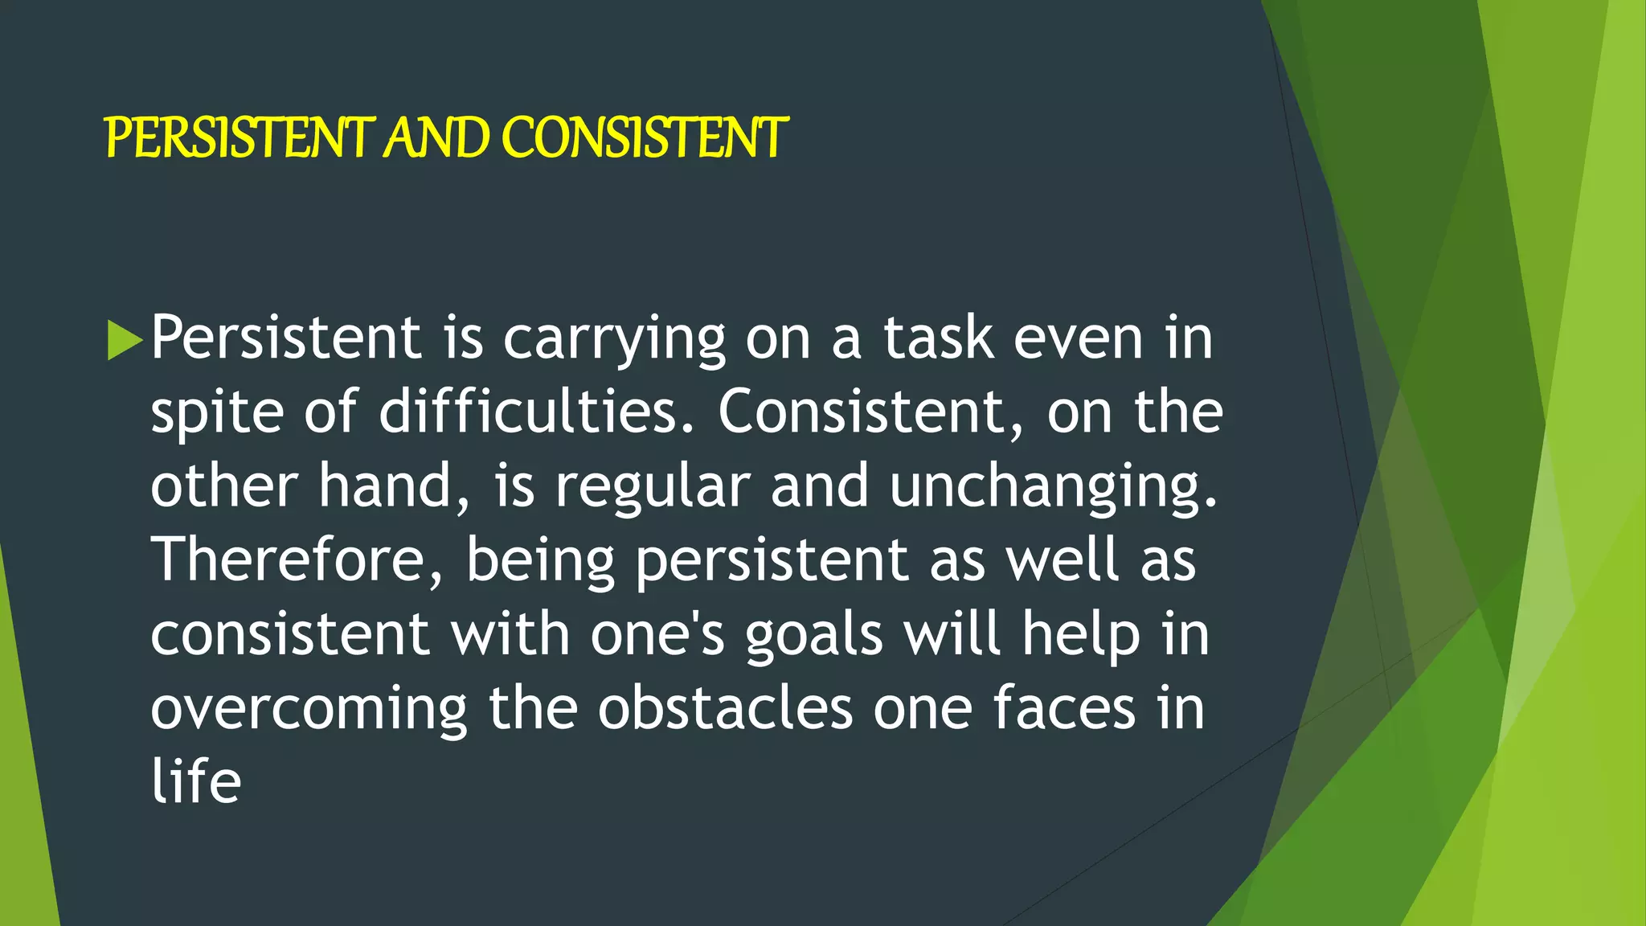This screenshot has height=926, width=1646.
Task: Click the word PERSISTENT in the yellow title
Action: pos(240,137)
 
